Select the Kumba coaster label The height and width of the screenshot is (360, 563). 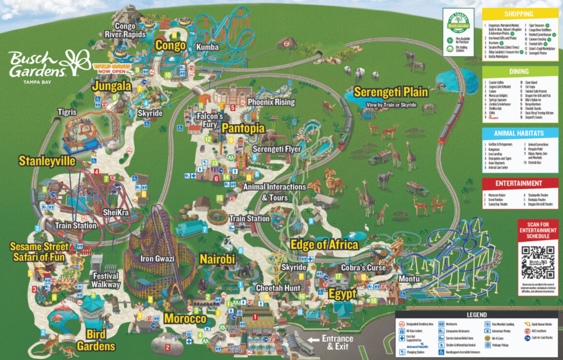point(207,47)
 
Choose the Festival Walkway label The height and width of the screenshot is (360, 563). point(106,280)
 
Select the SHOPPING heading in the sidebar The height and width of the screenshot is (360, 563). point(520,14)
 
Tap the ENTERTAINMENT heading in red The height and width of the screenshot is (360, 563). point(520,183)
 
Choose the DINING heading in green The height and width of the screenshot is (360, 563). point(520,71)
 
